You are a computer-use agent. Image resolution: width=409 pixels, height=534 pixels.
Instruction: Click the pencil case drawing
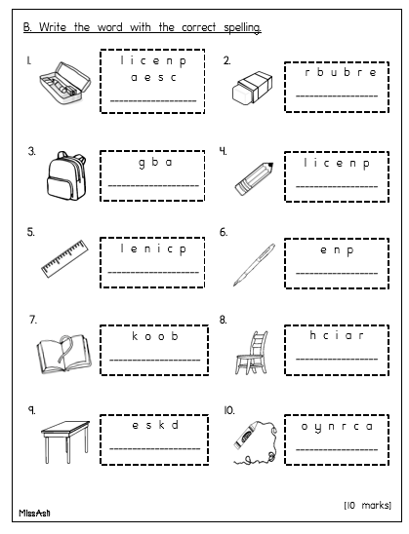pyautogui.click(x=65, y=83)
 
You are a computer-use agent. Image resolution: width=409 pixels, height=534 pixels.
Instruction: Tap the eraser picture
pyautogui.click(x=253, y=87)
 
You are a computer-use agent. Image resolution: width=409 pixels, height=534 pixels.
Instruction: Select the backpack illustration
pyautogui.click(x=66, y=175)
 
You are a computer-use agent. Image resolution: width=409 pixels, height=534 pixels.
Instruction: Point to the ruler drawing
pyautogui.click(x=64, y=258)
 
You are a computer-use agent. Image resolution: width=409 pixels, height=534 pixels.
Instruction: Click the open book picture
pyautogui.click(x=64, y=354)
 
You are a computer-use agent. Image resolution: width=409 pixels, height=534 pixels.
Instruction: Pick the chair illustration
pyautogui.click(x=252, y=353)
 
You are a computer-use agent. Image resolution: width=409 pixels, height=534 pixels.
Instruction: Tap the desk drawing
pyautogui.click(x=65, y=441)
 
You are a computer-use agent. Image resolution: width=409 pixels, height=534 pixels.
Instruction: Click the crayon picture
pyautogui.click(x=255, y=442)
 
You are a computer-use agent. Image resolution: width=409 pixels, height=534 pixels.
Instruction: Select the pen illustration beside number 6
pyautogui.click(x=254, y=265)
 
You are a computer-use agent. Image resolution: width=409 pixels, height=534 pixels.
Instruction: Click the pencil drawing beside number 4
pyautogui.click(x=254, y=178)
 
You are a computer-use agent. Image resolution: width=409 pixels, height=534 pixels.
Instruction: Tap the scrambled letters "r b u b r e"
pyautogui.click(x=341, y=72)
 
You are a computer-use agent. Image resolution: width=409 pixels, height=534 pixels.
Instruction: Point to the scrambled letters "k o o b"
pyautogui.click(x=155, y=336)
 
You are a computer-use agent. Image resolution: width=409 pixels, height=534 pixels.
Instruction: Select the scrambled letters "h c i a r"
pyautogui.click(x=337, y=335)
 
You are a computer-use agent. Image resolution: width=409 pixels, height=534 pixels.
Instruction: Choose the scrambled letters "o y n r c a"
pyautogui.click(x=337, y=427)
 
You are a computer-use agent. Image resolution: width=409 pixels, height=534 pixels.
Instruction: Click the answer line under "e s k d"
pyautogui.click(x=155, y=448)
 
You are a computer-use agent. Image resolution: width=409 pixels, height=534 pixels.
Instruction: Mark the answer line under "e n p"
pyautogui.click(x=337, y=273)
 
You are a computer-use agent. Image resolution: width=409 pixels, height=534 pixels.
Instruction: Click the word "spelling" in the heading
pyautogui.click(x=242, y=27)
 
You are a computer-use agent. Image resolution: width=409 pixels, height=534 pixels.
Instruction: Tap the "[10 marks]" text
pyautogui.click(x=367, y=505)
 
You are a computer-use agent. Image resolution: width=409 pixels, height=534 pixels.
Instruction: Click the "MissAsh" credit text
pyautogui.click(x=34, y=513)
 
